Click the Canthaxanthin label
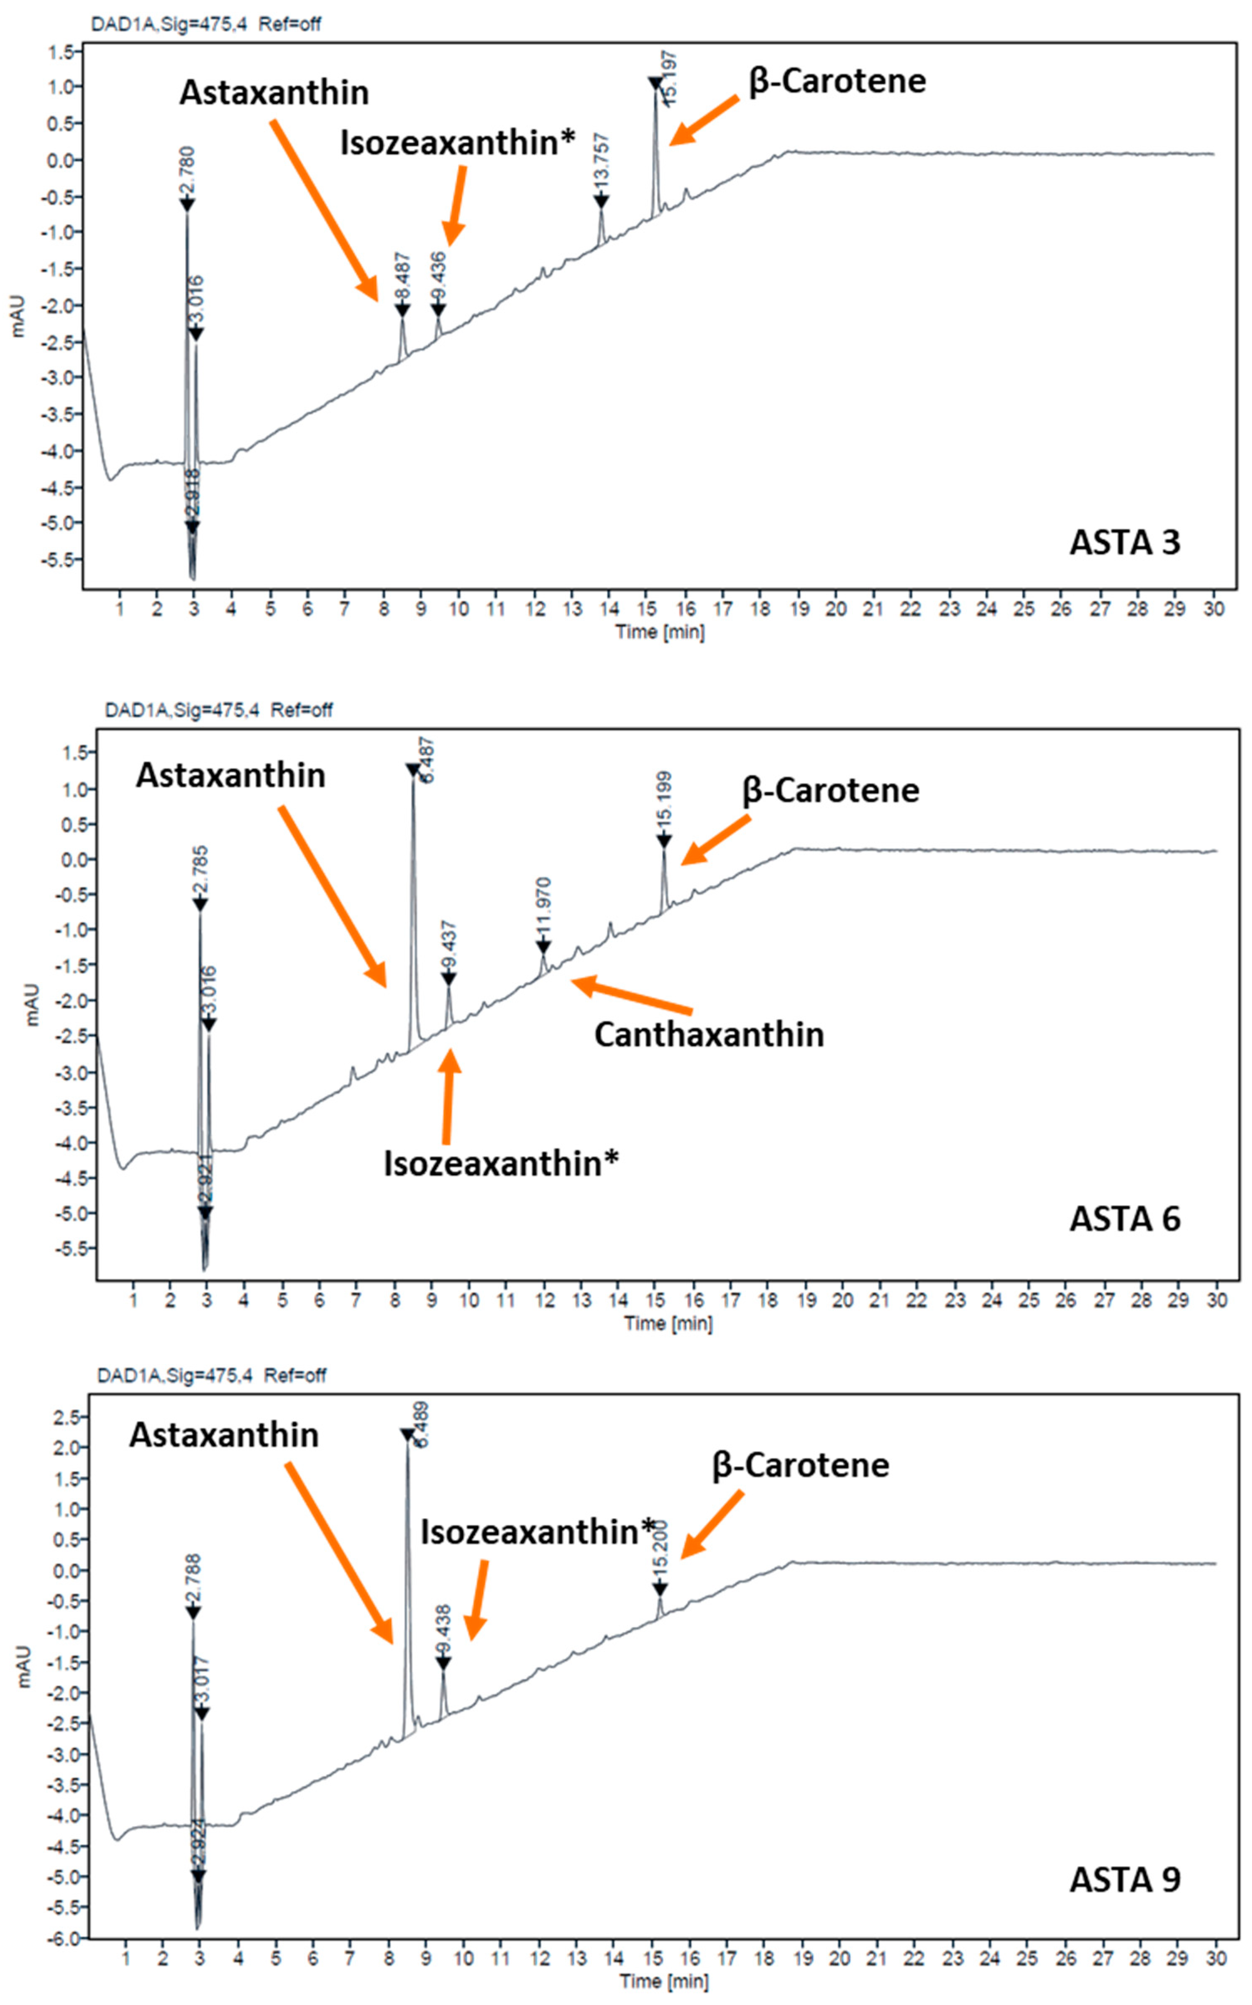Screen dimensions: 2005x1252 [x=709, y=1035]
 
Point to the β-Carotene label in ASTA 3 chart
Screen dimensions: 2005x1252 [x=837, y=81]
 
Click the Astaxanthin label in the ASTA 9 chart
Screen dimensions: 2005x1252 [x=223, y=1435]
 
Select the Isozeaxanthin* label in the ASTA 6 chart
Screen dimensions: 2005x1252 [x=500, y=1164]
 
